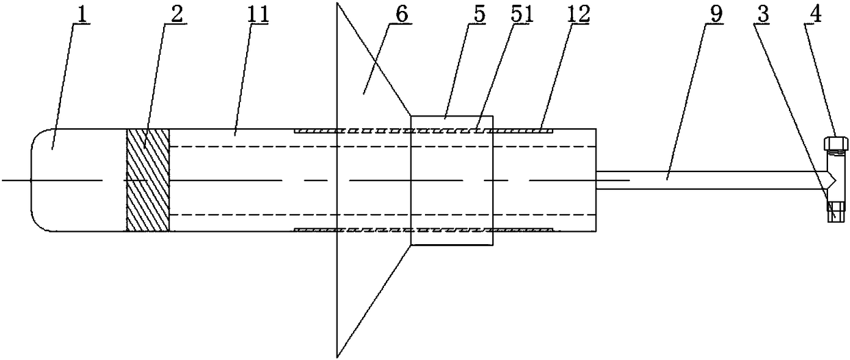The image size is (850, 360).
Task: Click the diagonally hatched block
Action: [x=147, y=180]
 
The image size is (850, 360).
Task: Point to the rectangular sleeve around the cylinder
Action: [x=451, y=180]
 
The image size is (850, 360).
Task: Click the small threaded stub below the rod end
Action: [x=833, y=211]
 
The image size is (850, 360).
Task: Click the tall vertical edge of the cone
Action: [x=337, y=180]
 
